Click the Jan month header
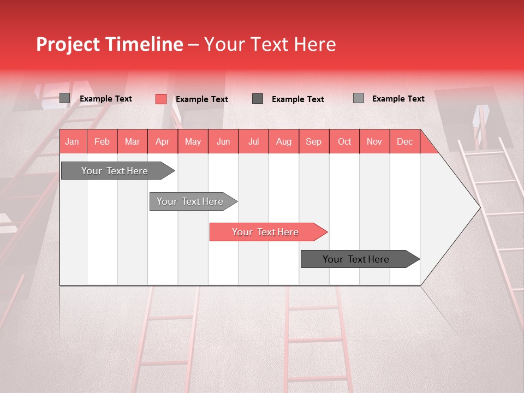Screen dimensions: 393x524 pos(72,142)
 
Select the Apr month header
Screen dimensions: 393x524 pos(162,142)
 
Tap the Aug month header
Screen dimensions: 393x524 pos(283,142)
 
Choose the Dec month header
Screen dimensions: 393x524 pos(404,142)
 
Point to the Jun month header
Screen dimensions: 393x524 pos(223,142)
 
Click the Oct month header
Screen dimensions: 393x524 pos(344,142)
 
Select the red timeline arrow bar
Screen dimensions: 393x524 pos(267,232)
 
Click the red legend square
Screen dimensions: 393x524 pos(160,99)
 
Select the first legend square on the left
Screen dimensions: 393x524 pos(64,98)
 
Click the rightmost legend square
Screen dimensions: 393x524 pos(358,98)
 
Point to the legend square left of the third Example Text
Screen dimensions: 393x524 pos(258,98)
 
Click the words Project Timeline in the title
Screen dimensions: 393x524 pos(109,44)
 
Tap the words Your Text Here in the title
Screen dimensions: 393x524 pos(270,44)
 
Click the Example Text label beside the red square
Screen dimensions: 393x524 pos(201,99)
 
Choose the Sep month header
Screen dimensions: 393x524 pos(313,142)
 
